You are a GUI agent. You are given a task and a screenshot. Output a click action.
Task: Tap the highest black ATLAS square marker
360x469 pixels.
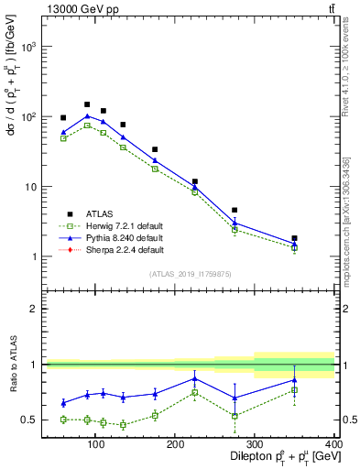click(87, 104)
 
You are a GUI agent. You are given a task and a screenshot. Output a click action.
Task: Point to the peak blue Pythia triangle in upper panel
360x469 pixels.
click(87, 116)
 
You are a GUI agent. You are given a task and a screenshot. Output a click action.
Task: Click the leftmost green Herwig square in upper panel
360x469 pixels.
click(63, 138)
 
